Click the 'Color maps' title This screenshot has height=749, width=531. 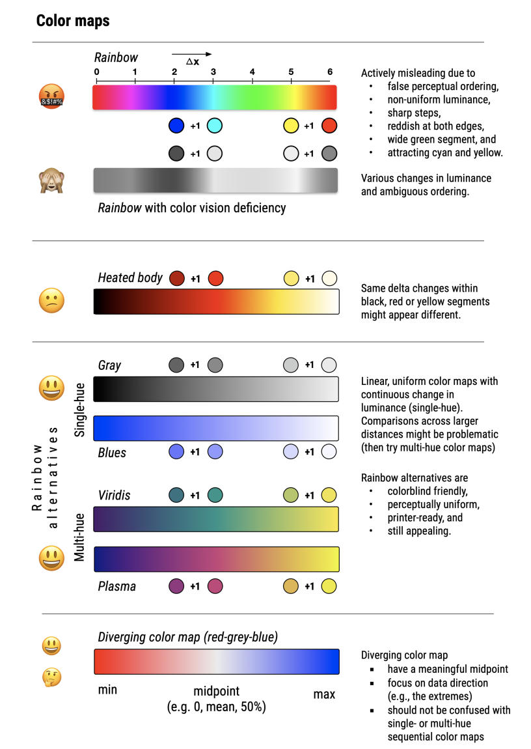click(73, 21)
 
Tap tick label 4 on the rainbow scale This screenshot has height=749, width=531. click(252, 72)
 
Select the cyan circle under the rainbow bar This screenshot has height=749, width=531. click(215, 126)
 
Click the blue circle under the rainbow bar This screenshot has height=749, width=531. click(176, 126)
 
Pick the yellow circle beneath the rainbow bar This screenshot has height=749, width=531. click(292, 126)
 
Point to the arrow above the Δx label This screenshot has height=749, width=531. click(192, 54)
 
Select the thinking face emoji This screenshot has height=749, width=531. click(51, 678)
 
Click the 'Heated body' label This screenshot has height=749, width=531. click(130, 278)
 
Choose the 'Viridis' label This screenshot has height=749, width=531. click(114, 496)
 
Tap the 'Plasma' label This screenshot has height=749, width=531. click(117, 586)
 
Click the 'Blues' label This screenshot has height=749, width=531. click(112, 452)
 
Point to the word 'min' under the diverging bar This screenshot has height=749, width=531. click(107, 690)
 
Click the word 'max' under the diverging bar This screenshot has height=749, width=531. click(324, 694)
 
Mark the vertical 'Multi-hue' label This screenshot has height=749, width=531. click(80, 536)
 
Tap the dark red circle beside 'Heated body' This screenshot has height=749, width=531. click(176, 279)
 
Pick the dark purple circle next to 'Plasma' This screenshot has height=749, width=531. click(176, 586)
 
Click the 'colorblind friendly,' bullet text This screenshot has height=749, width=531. click(428, 492)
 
